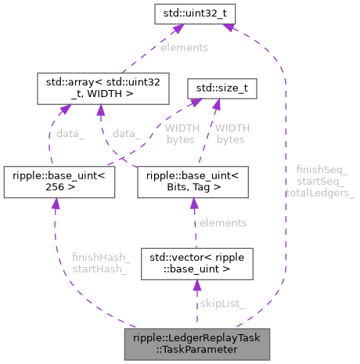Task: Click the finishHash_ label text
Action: click(95, 257)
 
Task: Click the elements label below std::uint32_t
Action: click(185, 48)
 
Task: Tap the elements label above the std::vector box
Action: click(223, 222)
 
